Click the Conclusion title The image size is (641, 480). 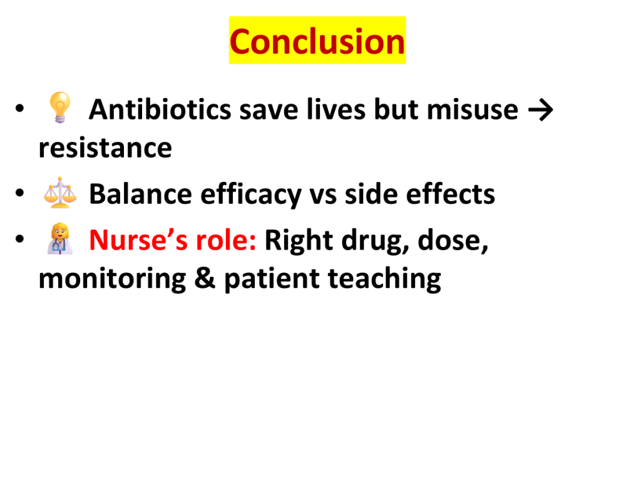point(317,41)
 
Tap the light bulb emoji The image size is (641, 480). point(59,107)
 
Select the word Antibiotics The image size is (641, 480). point(160,109)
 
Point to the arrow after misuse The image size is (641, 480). point(540,110)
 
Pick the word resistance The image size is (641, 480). point(105,147)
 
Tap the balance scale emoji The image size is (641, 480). point(60,192)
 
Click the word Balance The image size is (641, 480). point(140,194)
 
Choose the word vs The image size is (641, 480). point(323,196)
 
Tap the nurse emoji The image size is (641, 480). point(60,239)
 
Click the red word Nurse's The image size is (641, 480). point(138,240)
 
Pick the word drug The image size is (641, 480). point(376,241)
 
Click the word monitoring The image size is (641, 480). point(112,279)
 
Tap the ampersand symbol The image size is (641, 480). point(205,277)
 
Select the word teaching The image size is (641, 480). point(384,279)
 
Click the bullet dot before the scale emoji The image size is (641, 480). point(19,192)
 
